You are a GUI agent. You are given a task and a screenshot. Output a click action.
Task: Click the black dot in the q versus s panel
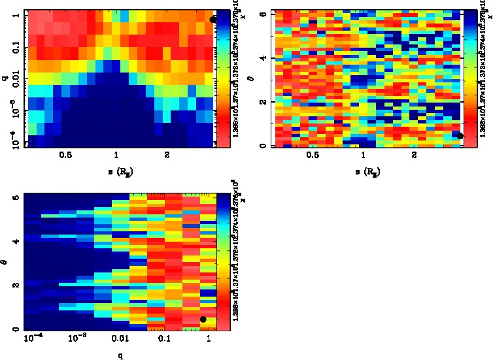212,20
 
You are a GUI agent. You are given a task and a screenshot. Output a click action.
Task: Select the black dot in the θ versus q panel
203,319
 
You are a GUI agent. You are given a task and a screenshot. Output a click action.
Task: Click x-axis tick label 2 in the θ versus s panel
414,157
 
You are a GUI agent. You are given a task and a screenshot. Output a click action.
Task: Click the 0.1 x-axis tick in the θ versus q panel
163,340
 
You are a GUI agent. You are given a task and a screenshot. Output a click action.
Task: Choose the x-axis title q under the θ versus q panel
120,355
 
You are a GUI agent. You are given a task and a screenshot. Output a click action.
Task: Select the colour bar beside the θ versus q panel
224,261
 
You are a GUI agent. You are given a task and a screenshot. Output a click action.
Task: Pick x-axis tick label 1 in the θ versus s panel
363,157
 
